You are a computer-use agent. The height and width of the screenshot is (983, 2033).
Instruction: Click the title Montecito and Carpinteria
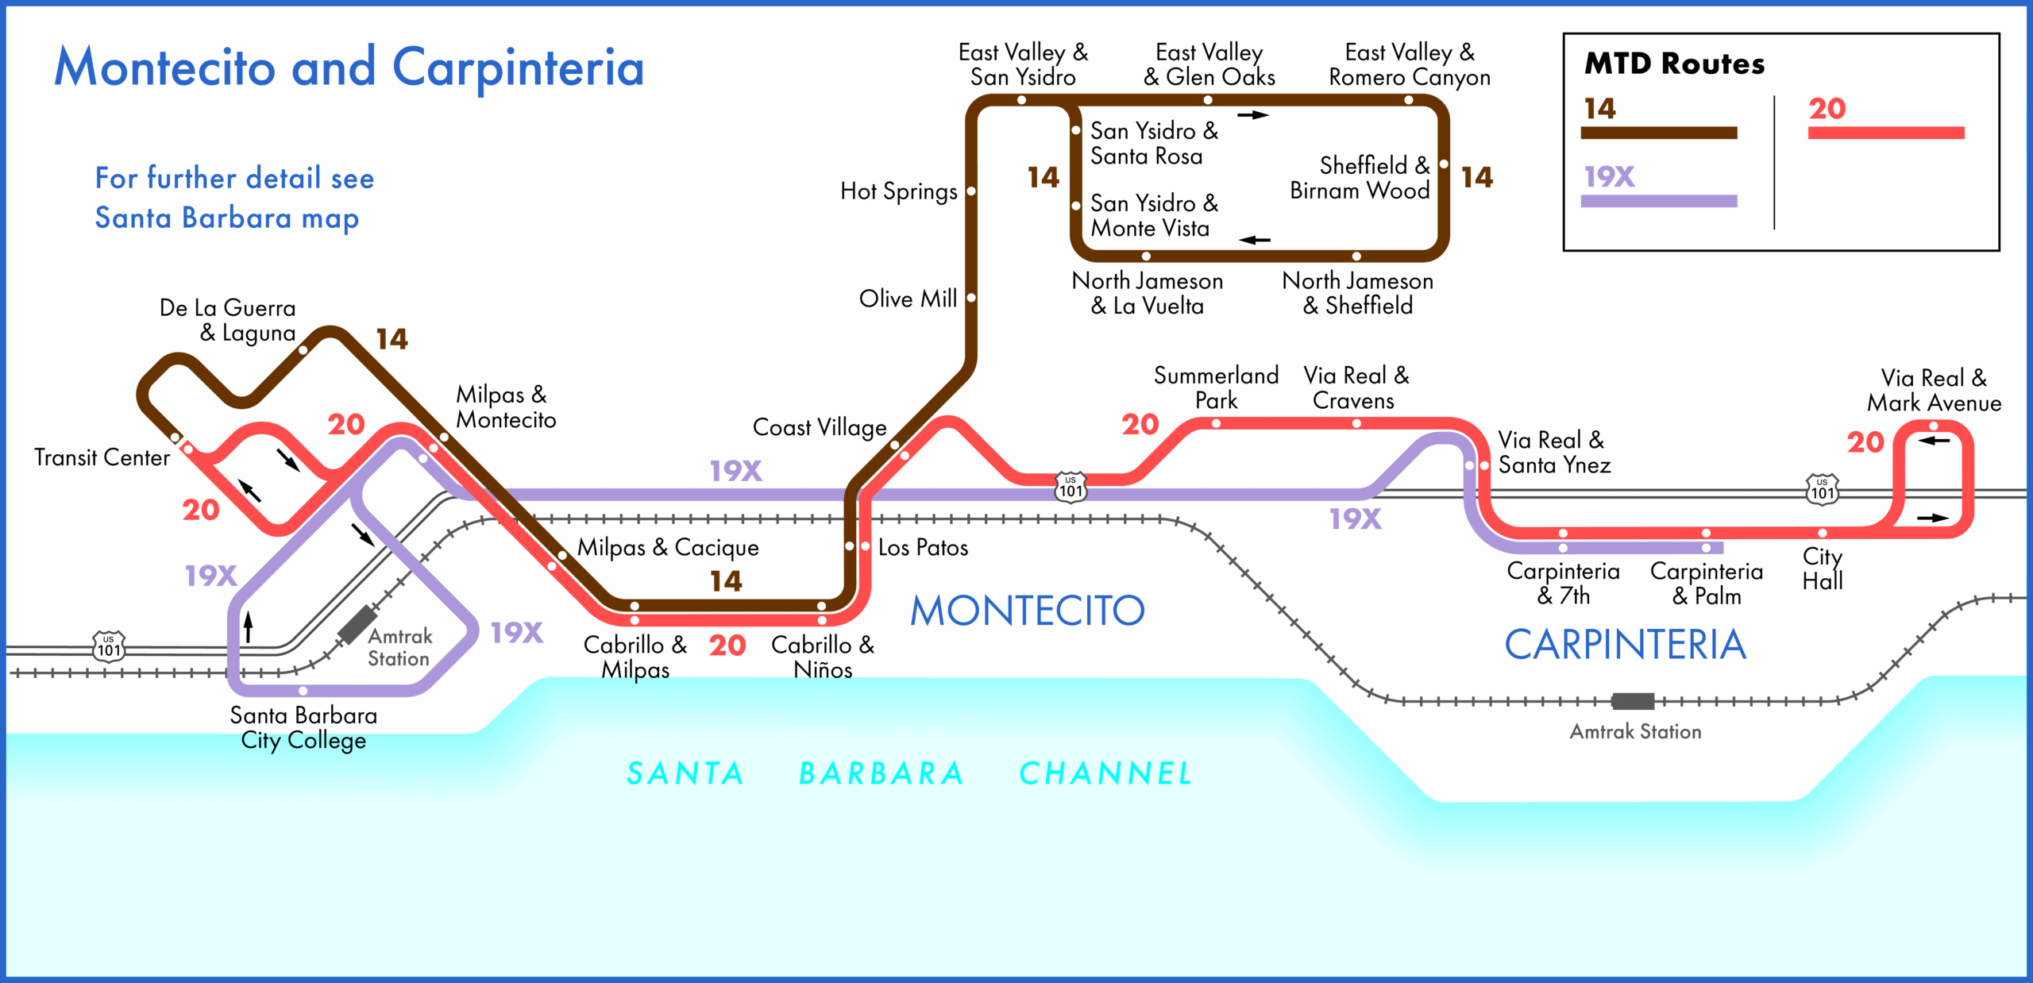(x=349, y=67)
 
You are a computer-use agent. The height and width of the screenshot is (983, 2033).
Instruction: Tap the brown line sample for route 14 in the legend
(x=1658, y=133)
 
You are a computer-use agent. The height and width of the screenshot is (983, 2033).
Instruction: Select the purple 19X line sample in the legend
(x=1658, y=201)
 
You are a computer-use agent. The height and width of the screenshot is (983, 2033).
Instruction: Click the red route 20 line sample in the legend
(x=1885, y=133)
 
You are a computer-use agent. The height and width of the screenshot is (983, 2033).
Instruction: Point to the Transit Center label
(x=102, y=458)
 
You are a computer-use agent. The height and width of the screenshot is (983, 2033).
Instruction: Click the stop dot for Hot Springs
(x=970, y=191)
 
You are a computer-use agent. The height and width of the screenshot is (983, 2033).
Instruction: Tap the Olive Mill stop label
(x=907, y=299)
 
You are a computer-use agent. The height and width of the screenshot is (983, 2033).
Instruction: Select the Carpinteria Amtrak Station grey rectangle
(x=1633, y=701)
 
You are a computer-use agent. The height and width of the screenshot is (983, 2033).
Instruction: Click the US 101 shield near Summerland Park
(x=1071, y=486)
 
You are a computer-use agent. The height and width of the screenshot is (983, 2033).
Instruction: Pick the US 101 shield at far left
(x=109, y=646)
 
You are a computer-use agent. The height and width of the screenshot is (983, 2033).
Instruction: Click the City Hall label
(x=1822, y=569)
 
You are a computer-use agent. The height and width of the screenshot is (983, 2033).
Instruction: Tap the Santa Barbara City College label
(x=303, y=727)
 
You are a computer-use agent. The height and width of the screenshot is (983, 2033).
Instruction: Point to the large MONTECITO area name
(x=1027, y=611)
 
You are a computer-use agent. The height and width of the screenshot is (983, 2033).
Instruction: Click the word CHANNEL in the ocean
(x=1105, y=773)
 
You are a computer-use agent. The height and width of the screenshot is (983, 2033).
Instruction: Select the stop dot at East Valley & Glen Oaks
(x=1208, y=100)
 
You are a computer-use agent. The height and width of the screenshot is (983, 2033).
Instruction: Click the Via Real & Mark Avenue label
(x=1933, y=391)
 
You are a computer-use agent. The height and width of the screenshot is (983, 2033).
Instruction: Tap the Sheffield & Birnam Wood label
(x=1360, y=178)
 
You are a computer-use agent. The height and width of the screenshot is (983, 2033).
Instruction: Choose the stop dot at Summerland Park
(x=1216, y=423)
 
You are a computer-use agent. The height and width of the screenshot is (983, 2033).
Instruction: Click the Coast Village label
(x=819, y=428)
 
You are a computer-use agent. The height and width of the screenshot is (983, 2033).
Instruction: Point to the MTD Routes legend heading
(x=1674, y=64)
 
